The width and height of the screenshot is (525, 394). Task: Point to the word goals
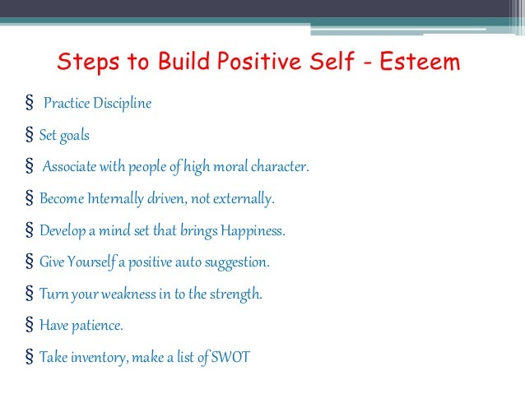(75, 136)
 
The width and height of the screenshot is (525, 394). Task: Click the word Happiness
(252, 230)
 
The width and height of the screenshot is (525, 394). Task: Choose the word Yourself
(89, 262)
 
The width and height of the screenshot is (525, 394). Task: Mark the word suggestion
(236, 262)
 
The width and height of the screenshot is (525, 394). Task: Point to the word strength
(235, 294)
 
